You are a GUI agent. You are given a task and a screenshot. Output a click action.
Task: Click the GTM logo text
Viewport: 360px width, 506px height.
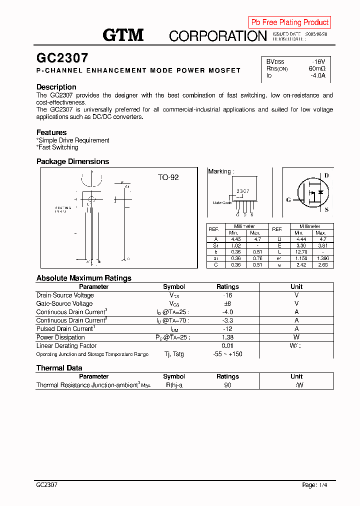coord(123,35)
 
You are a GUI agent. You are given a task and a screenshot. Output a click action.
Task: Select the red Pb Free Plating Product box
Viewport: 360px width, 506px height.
coord(289,22)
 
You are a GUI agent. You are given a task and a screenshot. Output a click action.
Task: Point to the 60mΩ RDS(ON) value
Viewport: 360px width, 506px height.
coord(316,68)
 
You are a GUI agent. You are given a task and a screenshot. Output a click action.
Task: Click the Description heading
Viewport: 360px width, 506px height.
coord(56,87)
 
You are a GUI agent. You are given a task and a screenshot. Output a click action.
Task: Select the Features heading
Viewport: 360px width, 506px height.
coord(51,132)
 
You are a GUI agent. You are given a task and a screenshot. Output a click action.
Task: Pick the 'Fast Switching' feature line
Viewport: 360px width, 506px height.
coord(57,147)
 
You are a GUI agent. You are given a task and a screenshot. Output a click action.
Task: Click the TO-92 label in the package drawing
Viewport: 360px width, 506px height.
coord(168,177)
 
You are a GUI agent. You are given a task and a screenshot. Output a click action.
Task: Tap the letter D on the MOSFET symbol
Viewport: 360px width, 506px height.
coord(326,175)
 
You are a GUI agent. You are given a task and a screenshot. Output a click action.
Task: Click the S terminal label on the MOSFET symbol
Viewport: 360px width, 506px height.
coord(326,210)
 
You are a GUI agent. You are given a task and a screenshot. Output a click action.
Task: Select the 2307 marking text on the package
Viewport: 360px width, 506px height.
coord(243,191)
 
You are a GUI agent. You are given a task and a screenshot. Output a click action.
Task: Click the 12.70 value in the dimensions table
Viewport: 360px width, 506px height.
coord(299,251)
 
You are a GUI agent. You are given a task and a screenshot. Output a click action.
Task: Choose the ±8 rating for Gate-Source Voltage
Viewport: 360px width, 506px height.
coord(227,303)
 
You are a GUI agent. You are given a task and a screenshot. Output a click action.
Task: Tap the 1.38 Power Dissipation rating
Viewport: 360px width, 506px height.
coord(227,337)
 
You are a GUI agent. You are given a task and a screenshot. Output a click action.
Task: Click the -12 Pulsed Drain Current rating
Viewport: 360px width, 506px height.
coord(227,329)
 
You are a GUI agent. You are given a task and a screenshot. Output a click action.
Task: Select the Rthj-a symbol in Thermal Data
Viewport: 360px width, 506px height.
coord(174,385)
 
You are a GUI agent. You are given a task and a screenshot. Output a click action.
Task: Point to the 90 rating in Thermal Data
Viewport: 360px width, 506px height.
coord(227,385)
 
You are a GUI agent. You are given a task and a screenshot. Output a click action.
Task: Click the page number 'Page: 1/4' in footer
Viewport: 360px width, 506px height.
coord(315,485)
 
